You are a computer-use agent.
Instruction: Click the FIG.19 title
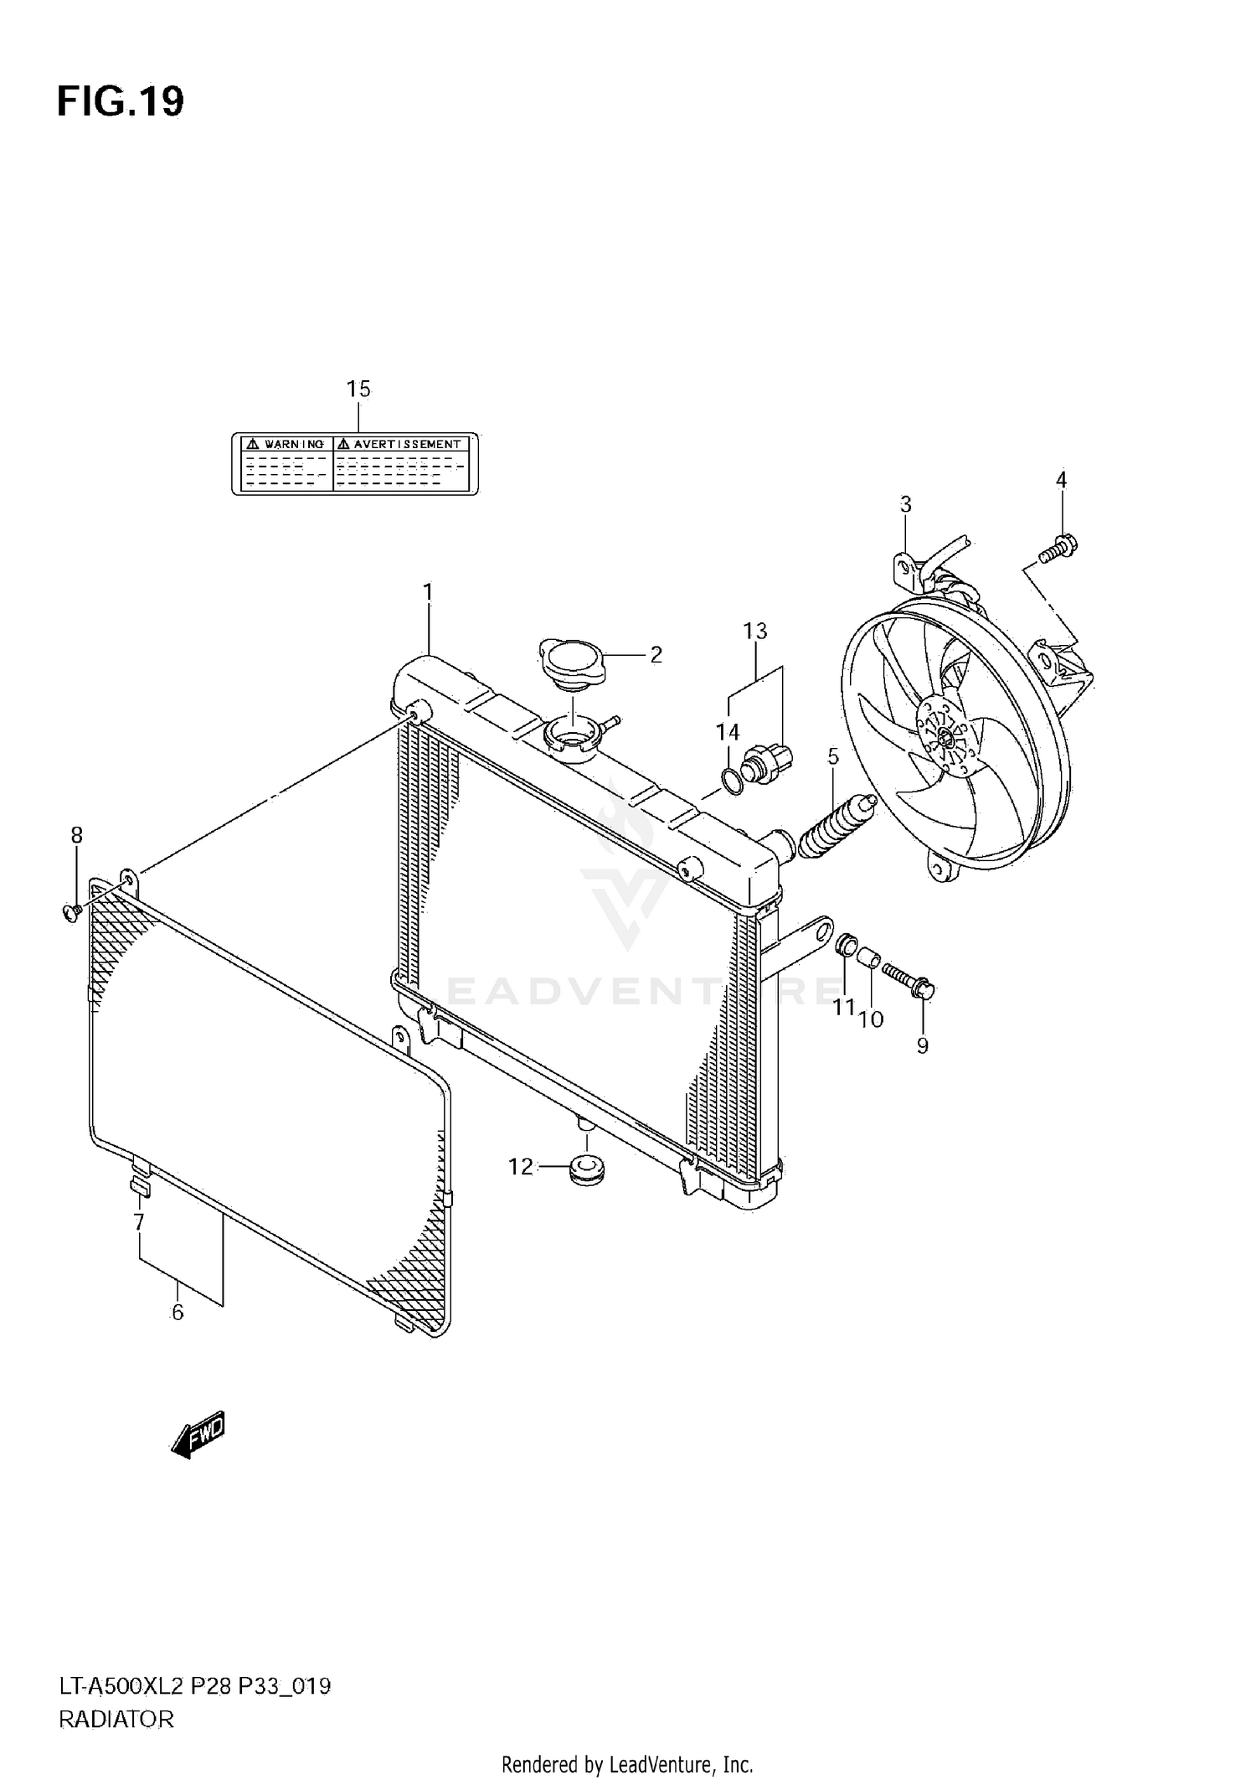pyautogui.click(x=121, y=102)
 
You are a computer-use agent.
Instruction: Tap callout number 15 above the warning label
pyautogui.click(x=358, y=389)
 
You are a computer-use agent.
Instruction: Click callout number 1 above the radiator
pyautogui.click(x=428, y=592)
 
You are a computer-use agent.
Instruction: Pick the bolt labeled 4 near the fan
pyautogui.click(x=1059, y=549)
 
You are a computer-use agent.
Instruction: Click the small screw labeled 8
pyautogui.click(x=71, y=911)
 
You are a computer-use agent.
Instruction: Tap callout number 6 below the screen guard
pyautogui.click(x=178, y=1313)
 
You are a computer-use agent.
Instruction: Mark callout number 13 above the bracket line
pyautogui.click(x=754, y=631)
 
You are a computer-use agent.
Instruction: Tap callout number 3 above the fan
pyautogui.click(x=905, y=504)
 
